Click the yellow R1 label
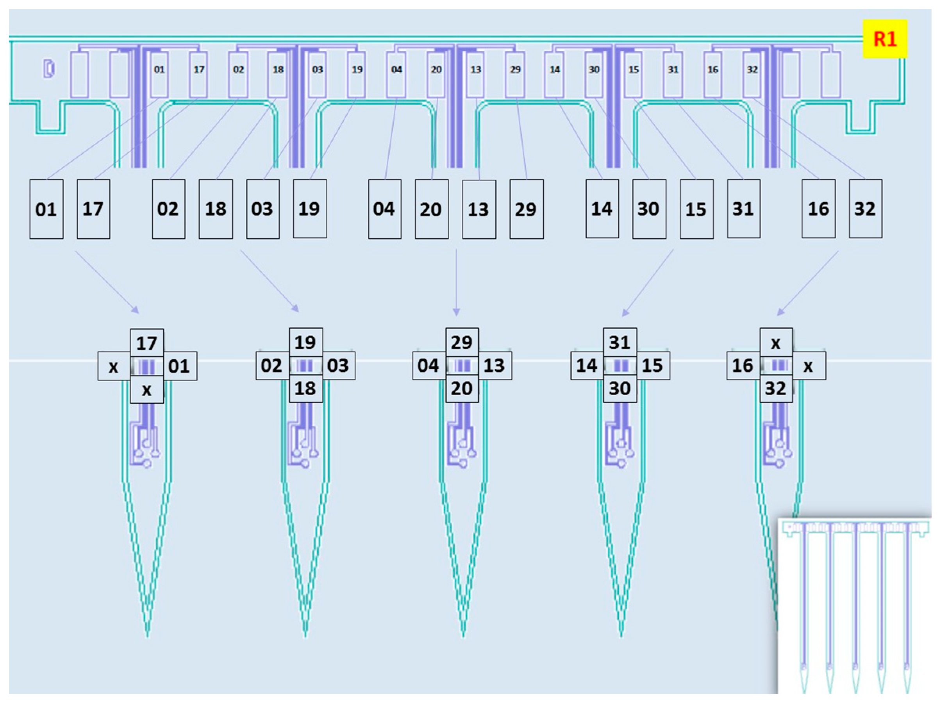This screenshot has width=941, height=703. (885, 39)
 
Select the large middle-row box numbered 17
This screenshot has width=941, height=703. (93, 209)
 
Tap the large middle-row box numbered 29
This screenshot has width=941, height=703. (526, 209)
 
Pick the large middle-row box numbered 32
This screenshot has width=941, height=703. (865, 209)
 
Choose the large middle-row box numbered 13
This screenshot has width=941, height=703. (479, 209)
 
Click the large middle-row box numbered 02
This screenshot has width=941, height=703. (168, 209)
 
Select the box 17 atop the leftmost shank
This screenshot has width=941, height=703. (147, 343)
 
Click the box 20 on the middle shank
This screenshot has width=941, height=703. (462, 388)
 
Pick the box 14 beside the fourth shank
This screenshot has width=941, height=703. (587, 365)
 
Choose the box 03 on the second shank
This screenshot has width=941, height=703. (338, 365)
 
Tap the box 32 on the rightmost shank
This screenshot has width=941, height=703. (776, 388)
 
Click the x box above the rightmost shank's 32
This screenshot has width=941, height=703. (776, 343)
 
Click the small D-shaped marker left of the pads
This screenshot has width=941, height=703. (49, 69)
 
